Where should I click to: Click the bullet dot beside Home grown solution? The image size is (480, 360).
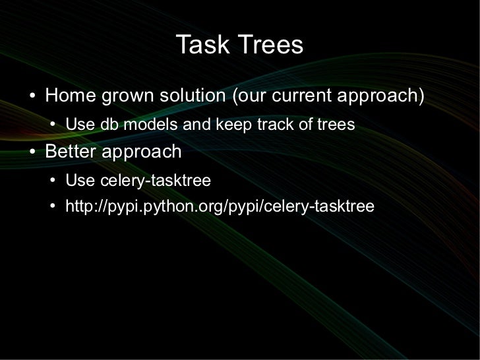[x=34, y=96]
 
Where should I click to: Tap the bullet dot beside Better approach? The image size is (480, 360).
[x=34, y=153]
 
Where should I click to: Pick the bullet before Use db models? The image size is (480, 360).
[x=54, y=125]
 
